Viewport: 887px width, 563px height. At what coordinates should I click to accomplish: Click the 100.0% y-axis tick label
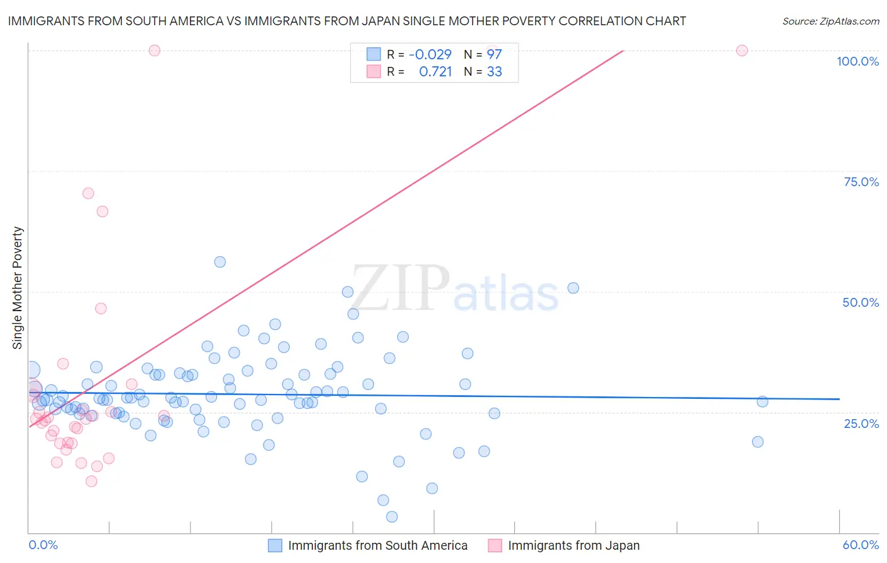click(857, 61)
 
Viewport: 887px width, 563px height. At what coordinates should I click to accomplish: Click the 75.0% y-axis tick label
click(861, 182)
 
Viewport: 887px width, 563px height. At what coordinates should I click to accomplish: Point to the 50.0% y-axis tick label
click(861, 302)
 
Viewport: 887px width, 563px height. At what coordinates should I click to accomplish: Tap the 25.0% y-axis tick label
click(861, 423)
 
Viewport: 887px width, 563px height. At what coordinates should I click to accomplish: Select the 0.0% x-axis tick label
click(43, 545)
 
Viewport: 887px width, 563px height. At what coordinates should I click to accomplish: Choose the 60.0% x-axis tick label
click(861, 545)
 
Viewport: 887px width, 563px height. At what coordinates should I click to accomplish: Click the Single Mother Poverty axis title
click(18, 288)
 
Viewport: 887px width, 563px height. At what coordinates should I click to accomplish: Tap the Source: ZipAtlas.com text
click(830, 21)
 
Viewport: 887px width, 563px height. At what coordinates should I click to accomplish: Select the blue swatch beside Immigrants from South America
click(275, 545)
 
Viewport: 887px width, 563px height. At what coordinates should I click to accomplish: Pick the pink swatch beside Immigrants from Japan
click(495, 545)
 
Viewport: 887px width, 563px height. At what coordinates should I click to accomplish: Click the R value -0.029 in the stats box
click(430, 54)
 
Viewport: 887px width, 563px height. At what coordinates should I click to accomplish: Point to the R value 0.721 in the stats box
click(435, 71)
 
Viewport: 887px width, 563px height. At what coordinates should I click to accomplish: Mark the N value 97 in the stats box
click(494, 54)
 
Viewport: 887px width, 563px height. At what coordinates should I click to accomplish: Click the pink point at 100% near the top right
click(742, 50)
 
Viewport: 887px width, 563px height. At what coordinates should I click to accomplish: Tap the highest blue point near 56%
click(220, 262)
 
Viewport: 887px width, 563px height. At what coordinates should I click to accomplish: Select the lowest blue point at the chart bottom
click(392, 517)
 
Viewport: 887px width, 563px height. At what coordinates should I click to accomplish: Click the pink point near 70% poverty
click(88, 193)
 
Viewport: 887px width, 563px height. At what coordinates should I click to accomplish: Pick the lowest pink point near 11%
click(91, 481)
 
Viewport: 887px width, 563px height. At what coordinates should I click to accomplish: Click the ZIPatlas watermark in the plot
click(454, 288)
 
